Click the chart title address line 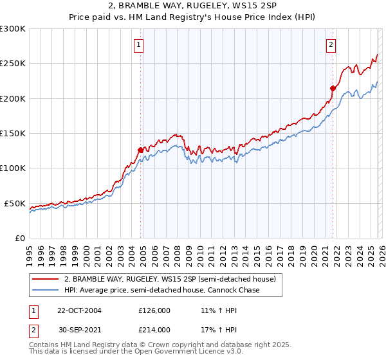(193, 6)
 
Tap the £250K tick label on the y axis (12, 64)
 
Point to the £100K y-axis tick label (12, 168)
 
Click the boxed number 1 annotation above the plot (139, 45)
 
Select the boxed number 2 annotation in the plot (331, 45)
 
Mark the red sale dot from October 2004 (140, 150)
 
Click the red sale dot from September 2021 (333, 88)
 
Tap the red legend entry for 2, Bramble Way (170, 279)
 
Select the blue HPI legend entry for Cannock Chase (161, 291)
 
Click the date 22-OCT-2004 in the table (79, 310)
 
